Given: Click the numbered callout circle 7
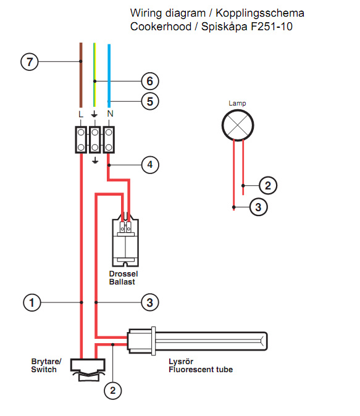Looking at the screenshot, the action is pyautogui.click(x=30, y=62).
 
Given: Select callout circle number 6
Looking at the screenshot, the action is pyautogui.click(x=150, y=81).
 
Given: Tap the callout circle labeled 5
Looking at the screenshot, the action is pyautogui.click(x=150, y=101).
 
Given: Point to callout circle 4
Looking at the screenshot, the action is pyautogui.click(x=150, y=165).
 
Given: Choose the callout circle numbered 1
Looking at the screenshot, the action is pyautogui.click(x=32, y=302).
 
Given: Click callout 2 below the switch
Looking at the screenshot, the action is pyautogui.click(x=113, y=390).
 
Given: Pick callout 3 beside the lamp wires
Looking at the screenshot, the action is pyautogui.click(x=258, y=207).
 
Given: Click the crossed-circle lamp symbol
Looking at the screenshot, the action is pyautogui.click(x=238, y=125).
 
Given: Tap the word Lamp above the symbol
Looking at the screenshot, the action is pyautogui.click(x=237, y=103).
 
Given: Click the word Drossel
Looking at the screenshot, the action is pyautogui.click(x=123, y=274).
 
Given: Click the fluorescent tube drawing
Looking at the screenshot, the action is pyautogui.click(x=198, y=341).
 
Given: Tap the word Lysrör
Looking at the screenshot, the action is pyautogui.click(x=181, y=361).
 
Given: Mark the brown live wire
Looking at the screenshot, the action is pyautogui.click(x=81, y=75).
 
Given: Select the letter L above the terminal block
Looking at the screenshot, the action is pyautogui.click(x=81, y=114).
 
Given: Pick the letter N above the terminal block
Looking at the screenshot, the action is pyautogui.click(x=110, y=114).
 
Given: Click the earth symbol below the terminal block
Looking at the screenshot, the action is pyautogui.click(x=94, y=160).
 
